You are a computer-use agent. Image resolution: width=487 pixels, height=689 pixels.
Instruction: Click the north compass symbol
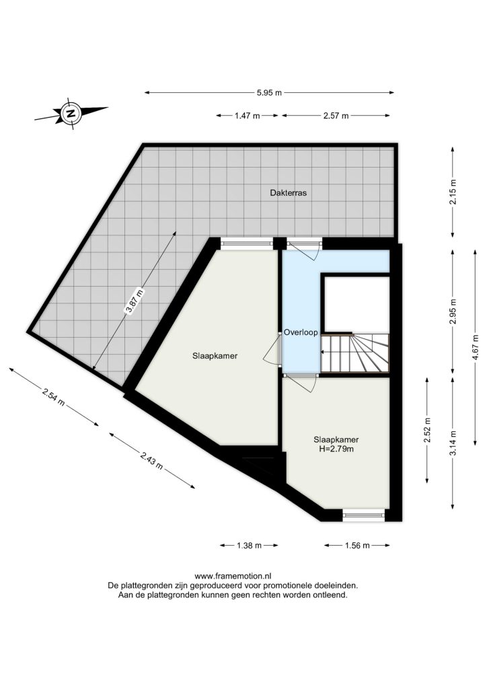coord(71,113)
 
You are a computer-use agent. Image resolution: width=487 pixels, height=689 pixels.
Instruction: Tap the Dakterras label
coord(288,192)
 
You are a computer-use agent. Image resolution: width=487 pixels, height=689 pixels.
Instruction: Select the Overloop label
coord(301,332)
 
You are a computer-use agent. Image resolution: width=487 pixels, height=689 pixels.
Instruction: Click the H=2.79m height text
coord(336,449)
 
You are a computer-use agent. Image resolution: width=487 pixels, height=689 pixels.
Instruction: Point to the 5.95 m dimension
coord(269,93)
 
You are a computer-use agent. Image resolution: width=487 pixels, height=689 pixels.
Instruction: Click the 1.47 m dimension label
coord(248,116)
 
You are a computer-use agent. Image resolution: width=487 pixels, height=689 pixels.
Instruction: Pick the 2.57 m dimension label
coord(336,116)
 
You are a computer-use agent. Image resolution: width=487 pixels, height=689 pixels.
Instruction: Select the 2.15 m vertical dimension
coord(453,192)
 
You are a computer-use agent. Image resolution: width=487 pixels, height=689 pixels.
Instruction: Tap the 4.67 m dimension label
coord(476,348)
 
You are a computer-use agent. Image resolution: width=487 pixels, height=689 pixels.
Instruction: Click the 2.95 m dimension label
coord(453,311)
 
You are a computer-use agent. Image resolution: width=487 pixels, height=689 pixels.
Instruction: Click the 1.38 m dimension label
coord(249,546)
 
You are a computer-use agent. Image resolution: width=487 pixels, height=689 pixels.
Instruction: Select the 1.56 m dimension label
coord(357,546)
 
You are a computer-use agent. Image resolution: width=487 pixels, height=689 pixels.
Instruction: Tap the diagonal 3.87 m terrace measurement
coord(135,301)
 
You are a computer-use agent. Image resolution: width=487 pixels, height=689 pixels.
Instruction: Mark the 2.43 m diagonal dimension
coord(152,460)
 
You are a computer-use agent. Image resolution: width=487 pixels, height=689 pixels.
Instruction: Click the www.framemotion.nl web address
coord(233,576)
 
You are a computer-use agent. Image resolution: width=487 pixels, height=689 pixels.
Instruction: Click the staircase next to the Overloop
coord(354,353)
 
